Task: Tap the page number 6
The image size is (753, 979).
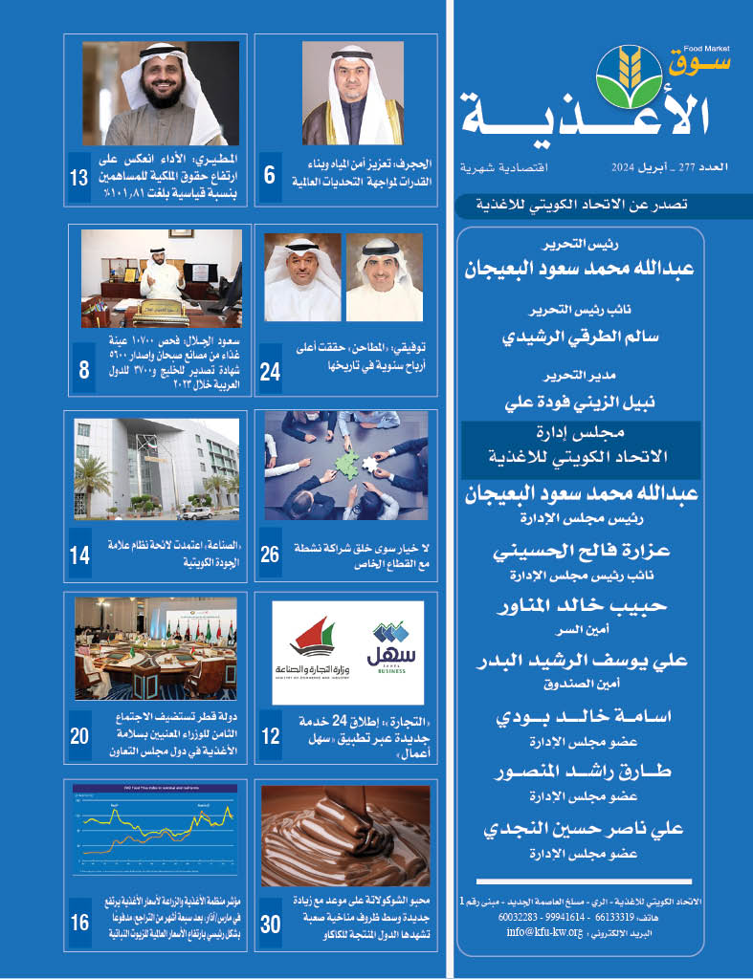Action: [269, 176]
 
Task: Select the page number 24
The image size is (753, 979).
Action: [270, 372]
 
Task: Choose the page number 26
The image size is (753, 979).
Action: [270, 554]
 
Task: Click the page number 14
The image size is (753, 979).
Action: [80, 554]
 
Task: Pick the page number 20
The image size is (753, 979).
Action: [80, 736]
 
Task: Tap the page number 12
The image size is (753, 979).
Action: [270, 736]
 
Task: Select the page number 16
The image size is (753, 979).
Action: [80, 924]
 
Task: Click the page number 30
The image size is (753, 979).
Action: [271, 924]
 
